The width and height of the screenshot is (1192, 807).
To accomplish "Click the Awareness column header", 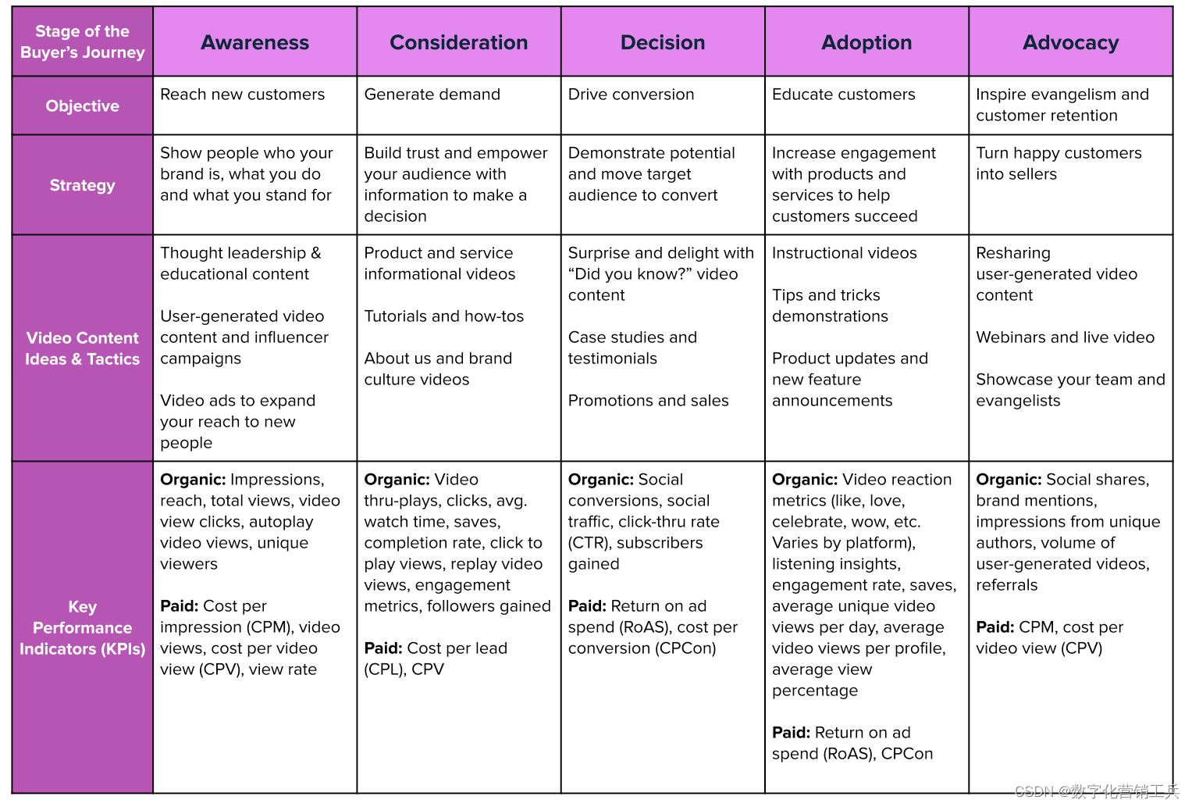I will tap(254, 42).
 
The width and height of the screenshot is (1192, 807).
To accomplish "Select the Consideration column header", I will tap(458, 42).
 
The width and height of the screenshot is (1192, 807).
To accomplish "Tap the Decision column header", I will tap(662, 42).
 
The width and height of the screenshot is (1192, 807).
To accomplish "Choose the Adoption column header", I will tap(866, 42).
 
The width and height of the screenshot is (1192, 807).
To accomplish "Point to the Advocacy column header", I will tap(1070, 42).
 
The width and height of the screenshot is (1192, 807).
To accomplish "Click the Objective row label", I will tap(82, 105).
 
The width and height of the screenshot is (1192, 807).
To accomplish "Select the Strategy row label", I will tap(82, 185).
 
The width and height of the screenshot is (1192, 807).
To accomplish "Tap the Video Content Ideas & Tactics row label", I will tap(82, 348).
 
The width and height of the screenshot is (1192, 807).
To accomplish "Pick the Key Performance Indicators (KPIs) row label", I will tap(82, 627).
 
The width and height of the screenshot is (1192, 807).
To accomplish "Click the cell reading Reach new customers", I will tap(242, 95).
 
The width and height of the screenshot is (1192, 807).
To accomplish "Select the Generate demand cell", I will tap(432, 95).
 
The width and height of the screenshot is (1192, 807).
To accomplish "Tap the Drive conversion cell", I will tap(631, 95).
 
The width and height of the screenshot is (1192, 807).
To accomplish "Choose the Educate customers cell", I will tap(843, 95).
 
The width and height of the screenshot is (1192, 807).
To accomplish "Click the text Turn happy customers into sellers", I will tap(1058, 163).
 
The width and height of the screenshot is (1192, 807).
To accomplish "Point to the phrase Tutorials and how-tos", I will tap(443, 316).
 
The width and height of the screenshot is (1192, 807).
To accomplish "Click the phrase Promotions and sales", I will tap(648, 401).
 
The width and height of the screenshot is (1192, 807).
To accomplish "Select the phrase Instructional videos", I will tap(844, 253).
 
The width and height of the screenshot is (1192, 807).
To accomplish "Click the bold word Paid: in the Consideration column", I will tap(383, 648).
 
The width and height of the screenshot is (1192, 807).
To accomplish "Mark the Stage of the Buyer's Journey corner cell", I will tap(82, 41).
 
